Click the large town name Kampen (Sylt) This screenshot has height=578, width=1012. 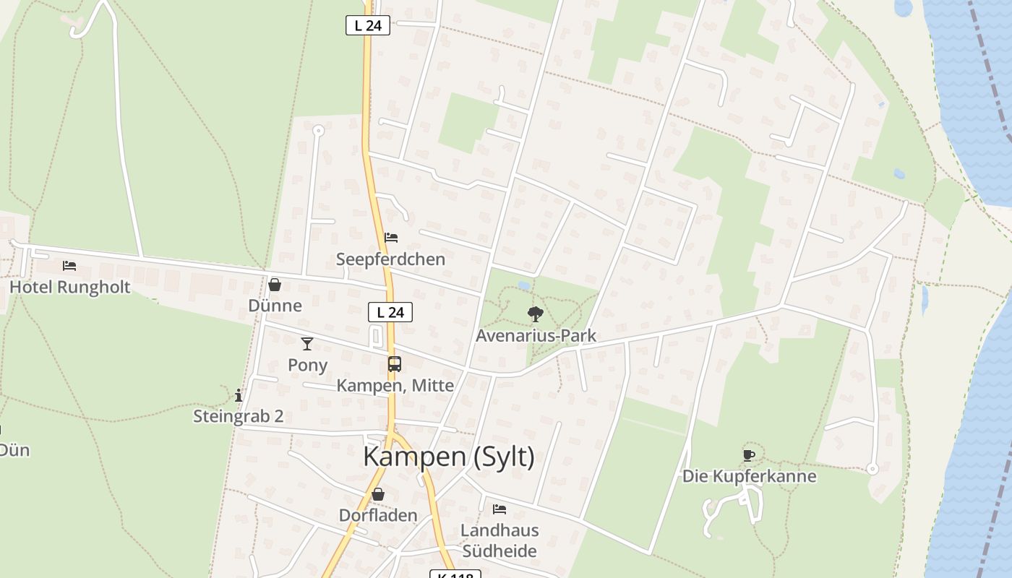449,457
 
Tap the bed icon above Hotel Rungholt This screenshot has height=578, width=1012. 69,266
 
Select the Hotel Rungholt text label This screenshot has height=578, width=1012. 70,287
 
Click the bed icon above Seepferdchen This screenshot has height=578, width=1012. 391,237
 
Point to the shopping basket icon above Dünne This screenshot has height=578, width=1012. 275,285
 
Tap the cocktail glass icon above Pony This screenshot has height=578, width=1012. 307,343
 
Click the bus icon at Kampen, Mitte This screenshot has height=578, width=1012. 395,364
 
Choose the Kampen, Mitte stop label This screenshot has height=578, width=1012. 395,386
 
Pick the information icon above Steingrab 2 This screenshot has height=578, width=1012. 239,395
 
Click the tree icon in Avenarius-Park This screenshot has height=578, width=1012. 536,314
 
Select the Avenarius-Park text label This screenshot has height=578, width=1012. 536,335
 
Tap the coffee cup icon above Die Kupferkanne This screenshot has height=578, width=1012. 749,455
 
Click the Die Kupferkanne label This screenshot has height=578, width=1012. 750,476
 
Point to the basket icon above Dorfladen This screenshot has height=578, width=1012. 378,494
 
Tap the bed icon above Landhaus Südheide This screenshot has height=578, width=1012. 499,509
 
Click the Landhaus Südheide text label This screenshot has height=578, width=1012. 500,540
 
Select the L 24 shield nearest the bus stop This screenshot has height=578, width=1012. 390,312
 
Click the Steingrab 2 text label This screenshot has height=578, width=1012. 239,416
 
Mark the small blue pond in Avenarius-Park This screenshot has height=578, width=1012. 523,285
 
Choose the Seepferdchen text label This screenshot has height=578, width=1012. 390,259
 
